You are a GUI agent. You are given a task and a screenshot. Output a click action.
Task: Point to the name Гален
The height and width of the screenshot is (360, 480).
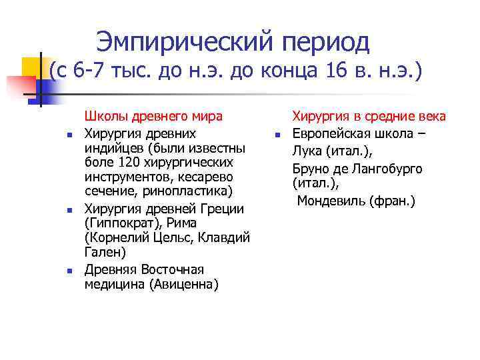tap(100, 254)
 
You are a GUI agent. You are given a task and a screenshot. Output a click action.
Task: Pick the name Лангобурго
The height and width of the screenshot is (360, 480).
tap(389, 167)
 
